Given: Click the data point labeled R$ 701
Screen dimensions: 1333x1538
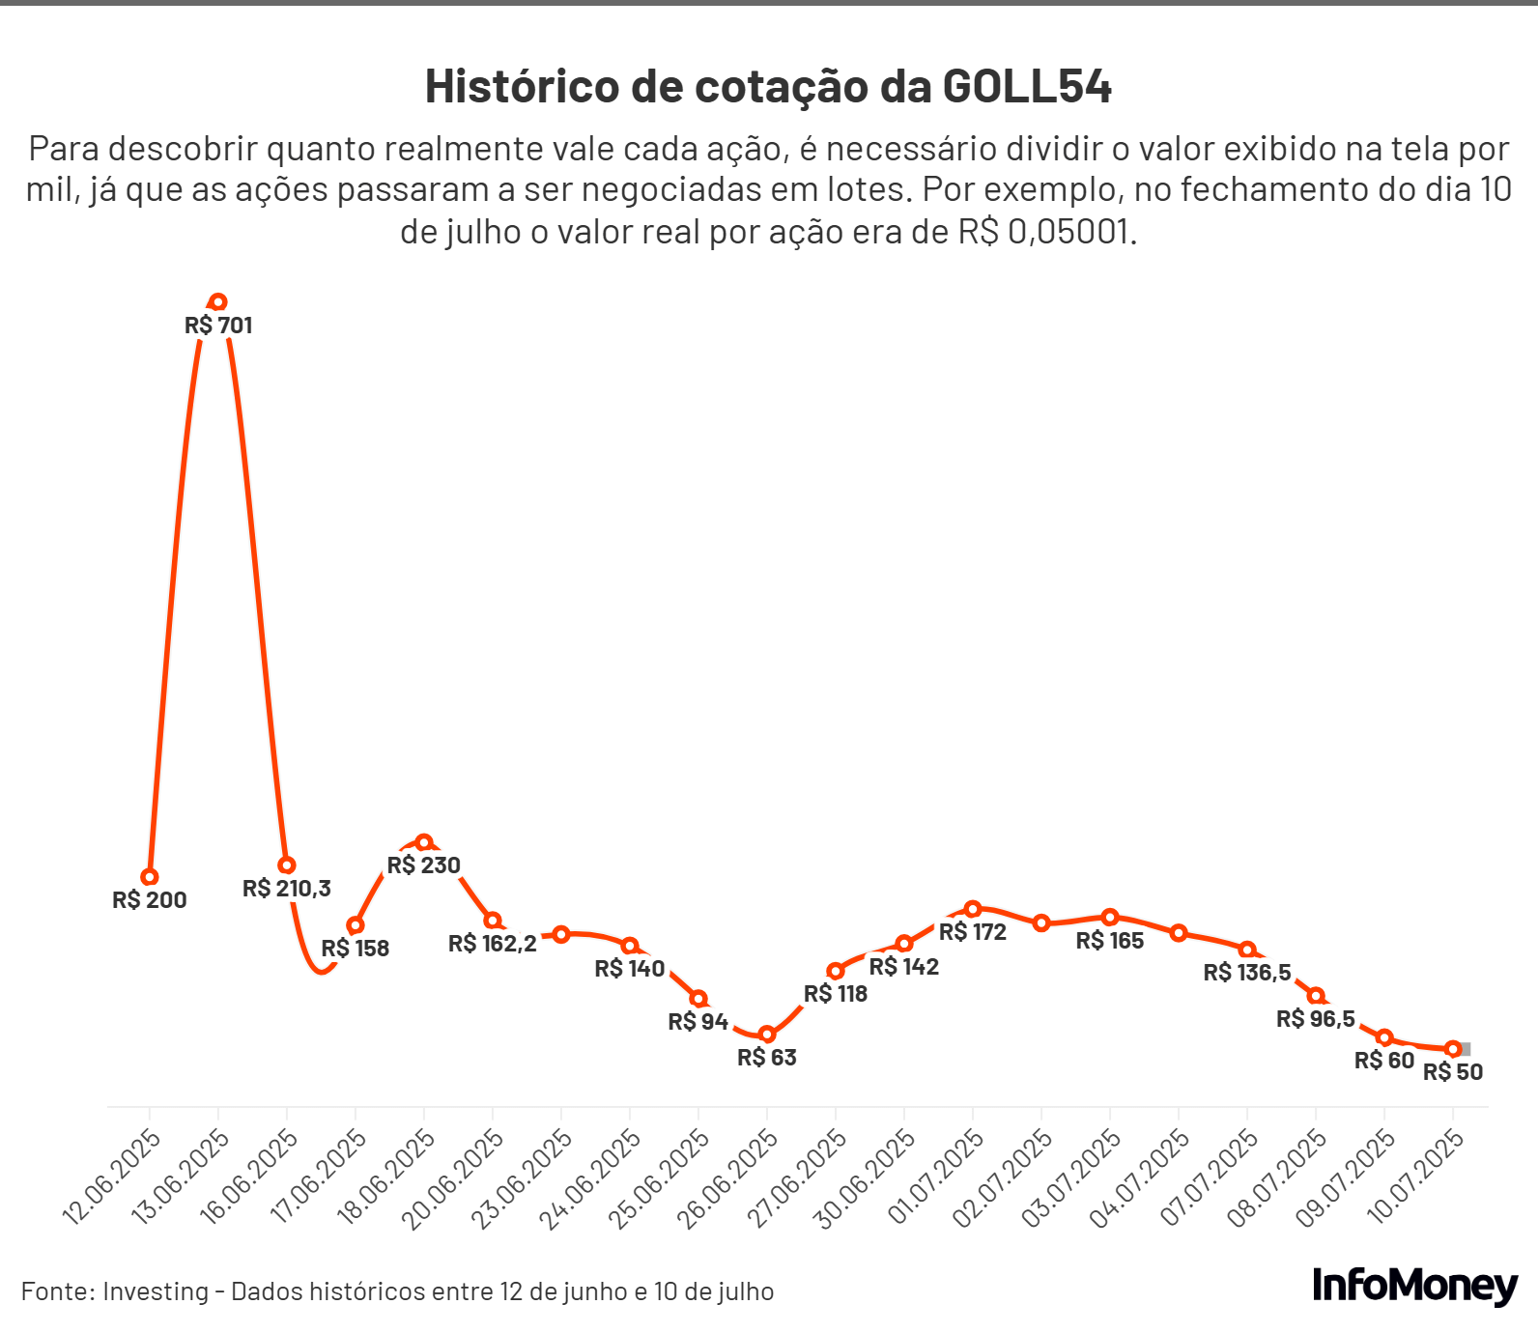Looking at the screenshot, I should (x=218, y=302).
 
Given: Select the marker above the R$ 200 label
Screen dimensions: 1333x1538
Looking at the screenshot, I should (x=150, y=877).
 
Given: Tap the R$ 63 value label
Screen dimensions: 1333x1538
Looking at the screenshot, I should (x=767, y=1058).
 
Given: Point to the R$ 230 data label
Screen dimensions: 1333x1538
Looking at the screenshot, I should (x=423, y=865).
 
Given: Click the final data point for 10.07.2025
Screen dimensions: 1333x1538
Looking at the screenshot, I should (x=1453, y=1049).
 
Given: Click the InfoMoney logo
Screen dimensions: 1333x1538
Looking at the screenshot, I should (x=1414, y=1286).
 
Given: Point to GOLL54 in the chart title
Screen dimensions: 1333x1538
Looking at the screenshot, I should (x=1027, y=87).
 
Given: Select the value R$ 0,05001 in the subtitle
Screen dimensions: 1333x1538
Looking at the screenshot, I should (x=1043, y=233).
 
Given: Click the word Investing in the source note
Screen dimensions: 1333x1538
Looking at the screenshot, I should (x=156, y=1291).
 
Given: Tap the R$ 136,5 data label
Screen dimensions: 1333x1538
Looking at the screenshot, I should (x=1247, y=973).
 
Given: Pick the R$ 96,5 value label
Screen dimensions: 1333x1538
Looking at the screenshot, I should (x=1316, y=1019).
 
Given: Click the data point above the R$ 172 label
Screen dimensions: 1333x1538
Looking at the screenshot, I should (x=973, y=909).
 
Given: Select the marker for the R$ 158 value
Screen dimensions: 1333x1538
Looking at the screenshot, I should (x=356, y=925).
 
